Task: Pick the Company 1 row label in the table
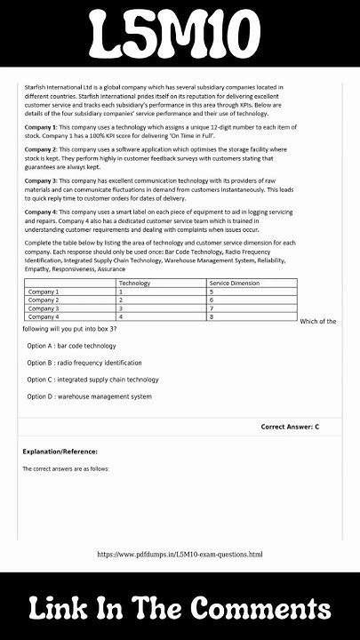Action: coord(44,292)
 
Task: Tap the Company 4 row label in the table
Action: coord(44,316)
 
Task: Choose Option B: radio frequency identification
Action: coord(84,363)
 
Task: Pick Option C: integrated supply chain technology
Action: coord(92,380)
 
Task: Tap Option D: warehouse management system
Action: coord(89,396)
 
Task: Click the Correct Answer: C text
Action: coord(290,427)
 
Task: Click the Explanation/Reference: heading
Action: coord(60,452)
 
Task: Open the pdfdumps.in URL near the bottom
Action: coord(180,555)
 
